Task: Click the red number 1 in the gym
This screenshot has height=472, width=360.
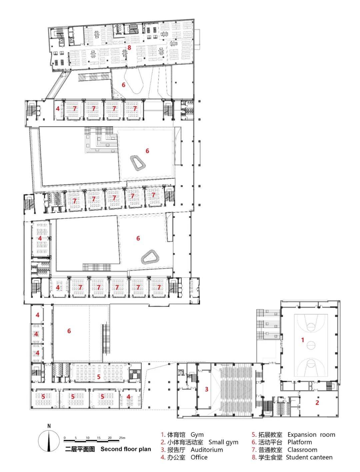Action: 302,340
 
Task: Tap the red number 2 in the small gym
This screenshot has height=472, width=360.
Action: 317,402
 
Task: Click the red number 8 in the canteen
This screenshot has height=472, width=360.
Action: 129,47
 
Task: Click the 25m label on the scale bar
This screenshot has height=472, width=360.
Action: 122,438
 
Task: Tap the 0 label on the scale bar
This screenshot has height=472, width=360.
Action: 65,438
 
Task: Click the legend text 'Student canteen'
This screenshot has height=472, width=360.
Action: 309,457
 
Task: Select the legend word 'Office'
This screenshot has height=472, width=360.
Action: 199,457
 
